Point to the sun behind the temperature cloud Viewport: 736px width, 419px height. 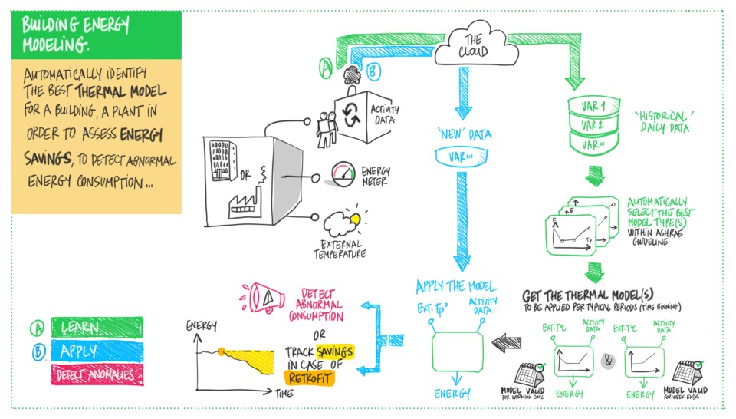354,219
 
